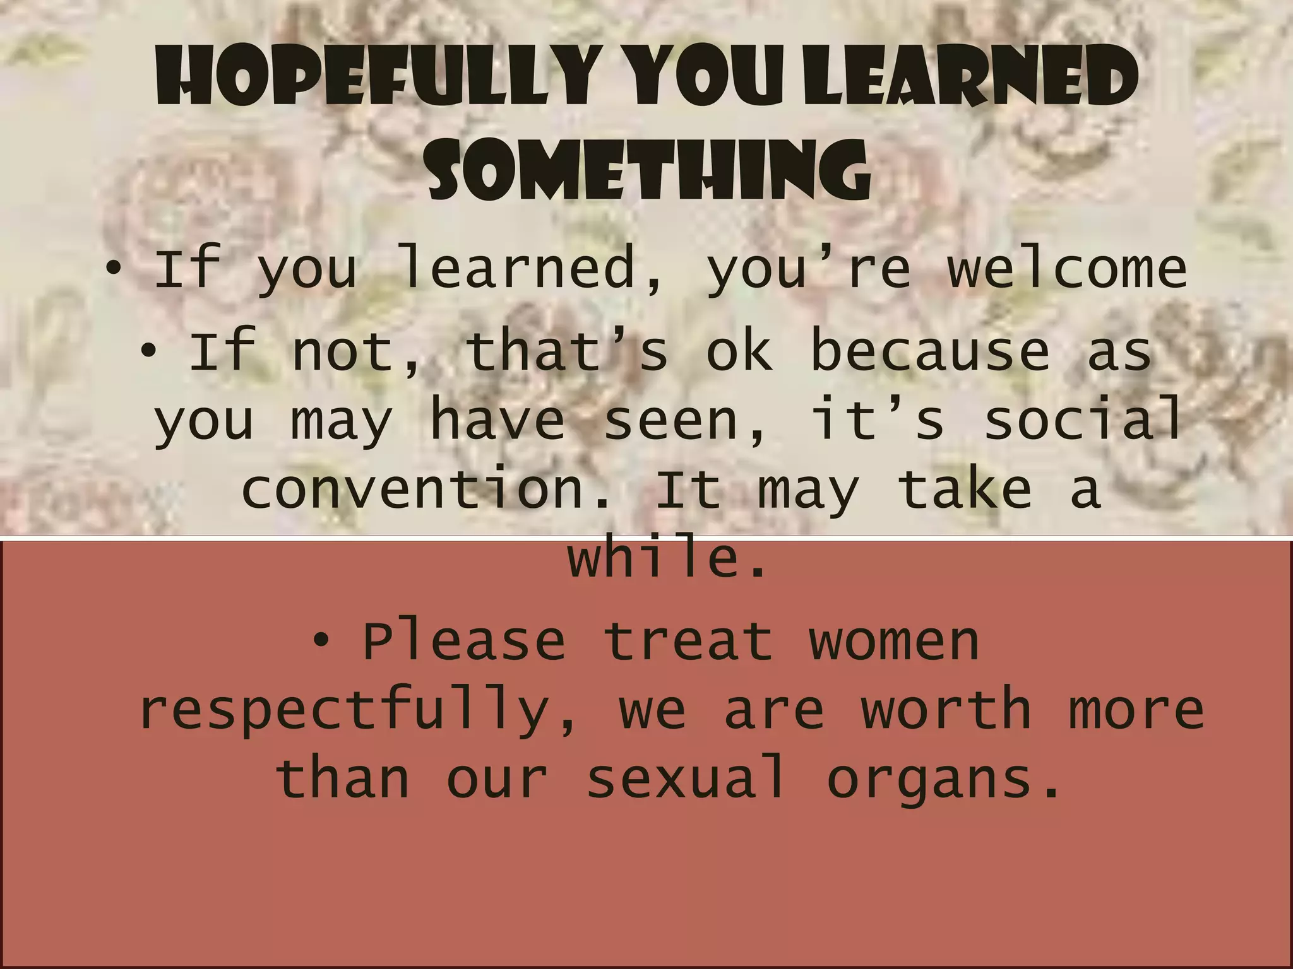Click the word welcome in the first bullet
[1067, 268]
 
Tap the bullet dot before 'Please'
[322, 642]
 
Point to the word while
[666, 558]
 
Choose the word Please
[464, 642]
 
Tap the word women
[893, 642]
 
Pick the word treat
[688, 642]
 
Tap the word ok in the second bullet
[739, 351]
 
